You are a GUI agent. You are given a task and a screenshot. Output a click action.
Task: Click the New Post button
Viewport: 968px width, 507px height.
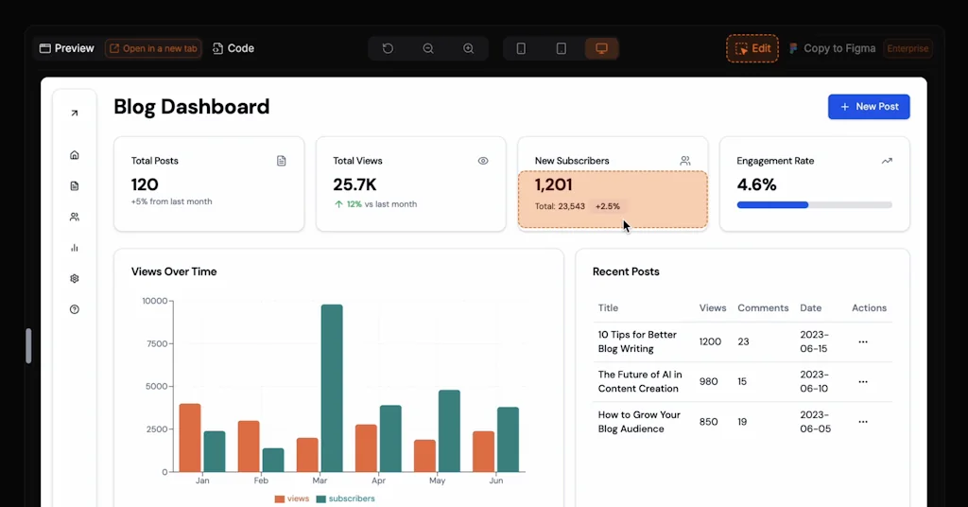(x=869, y=107)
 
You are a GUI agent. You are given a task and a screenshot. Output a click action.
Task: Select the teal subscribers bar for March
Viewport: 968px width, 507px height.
(x=331, y=388)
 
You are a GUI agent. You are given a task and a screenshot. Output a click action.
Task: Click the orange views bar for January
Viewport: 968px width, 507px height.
(x=190, y=437)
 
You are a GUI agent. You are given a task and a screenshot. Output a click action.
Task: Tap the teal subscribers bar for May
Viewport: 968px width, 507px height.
(x=449, y=430)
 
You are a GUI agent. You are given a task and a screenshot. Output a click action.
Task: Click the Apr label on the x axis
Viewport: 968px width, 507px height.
(x=378, y=481)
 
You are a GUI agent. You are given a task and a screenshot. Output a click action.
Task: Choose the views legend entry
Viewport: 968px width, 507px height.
(x=292, y=498)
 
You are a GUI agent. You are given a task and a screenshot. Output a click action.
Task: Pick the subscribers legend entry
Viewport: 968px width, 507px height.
(x=345, y=498)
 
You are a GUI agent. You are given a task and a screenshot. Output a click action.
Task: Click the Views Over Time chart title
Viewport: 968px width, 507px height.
(x=174, y=271)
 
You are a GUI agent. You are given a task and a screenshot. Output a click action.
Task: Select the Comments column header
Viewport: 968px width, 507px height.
(x=763, y=307)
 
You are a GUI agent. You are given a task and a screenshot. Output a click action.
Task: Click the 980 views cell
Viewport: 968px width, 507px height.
(x=709, y=381)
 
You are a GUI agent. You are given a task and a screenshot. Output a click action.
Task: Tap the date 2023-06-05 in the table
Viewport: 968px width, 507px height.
(x=815, y=421)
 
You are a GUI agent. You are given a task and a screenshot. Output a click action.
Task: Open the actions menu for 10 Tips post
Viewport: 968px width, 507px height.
(x=863, y=341)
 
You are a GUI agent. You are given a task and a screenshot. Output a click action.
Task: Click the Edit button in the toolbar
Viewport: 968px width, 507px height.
(x=752, y=48)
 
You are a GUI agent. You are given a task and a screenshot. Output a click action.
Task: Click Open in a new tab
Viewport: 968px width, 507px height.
(x=153, y=48)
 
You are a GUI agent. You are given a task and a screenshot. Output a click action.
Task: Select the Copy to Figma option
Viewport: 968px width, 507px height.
(x=833, y=48)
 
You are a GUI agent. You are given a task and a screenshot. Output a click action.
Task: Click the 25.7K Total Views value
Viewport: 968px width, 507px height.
(x=355, y=184)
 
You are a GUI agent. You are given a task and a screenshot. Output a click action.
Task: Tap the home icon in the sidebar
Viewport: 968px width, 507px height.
(x=75, y=155)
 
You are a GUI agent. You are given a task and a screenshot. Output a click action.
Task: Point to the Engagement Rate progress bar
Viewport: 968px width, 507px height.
(x=814, y=204)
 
